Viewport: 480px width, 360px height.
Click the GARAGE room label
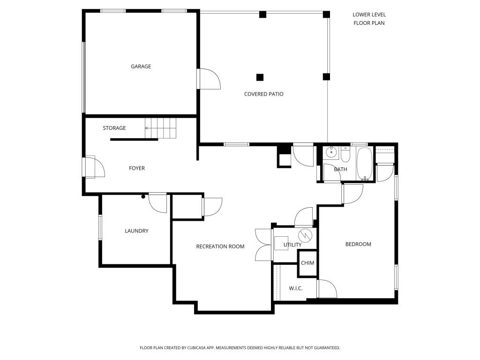pyautogui.click(x=141, y=67)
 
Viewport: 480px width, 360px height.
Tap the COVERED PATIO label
pyautogui.click(x=263, y=94)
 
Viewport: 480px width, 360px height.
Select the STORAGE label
pyautogui.click(x=114, y=128)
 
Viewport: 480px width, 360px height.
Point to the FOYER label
pyautogui.click(x=137, y=168)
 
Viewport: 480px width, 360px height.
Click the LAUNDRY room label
pyautogui.click(x=136, y=231)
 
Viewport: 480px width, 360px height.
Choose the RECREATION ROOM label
pyautogui.click(x=220, y=247)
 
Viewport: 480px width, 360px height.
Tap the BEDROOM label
pyautogui.click(x=358, y=244)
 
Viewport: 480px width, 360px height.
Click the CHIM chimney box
pyautogui.click(x=307, y=263)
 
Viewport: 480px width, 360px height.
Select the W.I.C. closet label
pyautogui.click(x=296, y=288)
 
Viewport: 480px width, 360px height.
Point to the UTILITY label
pyautogui.click(x=292, y=245)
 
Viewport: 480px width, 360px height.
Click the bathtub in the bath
pyautogui.click(x=364, y=164)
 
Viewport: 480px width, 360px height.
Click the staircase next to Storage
pyautogui.click(x=160, y=128)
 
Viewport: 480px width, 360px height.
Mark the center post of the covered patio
pyautogui.click(x=260, y=77)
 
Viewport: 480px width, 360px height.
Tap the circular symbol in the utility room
pyautogui.click(x=305, y=235)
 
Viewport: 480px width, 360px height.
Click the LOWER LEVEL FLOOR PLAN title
pyautogui.click(x=369, y=19)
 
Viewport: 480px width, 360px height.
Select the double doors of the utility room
pyautogui.click(x=263, y=245)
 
